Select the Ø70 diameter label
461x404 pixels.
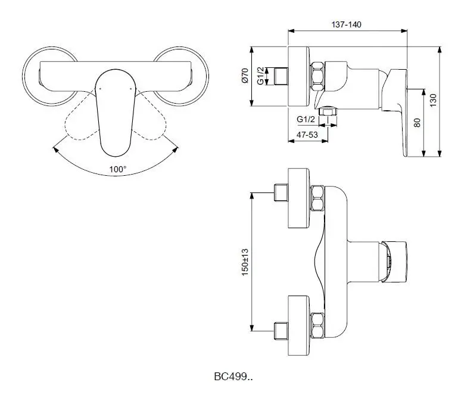click(x=245, y=76)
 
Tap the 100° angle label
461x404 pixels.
click(x=117, y=169)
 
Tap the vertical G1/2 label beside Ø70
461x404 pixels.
click(x=260, y=76)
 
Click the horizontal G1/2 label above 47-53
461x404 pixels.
click(x=306, y=119)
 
